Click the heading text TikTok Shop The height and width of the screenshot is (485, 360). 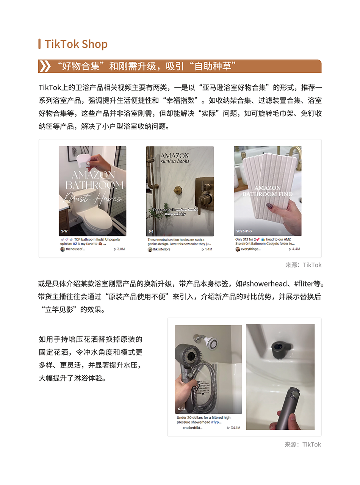76,44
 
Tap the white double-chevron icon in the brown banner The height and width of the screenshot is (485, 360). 45,66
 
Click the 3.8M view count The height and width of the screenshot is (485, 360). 119,249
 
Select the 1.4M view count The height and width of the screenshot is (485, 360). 207,249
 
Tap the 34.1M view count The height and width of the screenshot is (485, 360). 233,428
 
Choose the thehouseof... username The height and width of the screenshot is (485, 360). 75,249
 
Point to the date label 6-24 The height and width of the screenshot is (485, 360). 181,409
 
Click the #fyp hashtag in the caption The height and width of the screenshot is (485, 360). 217,422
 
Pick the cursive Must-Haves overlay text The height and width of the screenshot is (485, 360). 92,199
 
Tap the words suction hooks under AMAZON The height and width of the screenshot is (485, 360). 175,161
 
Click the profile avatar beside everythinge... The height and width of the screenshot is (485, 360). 238,249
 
